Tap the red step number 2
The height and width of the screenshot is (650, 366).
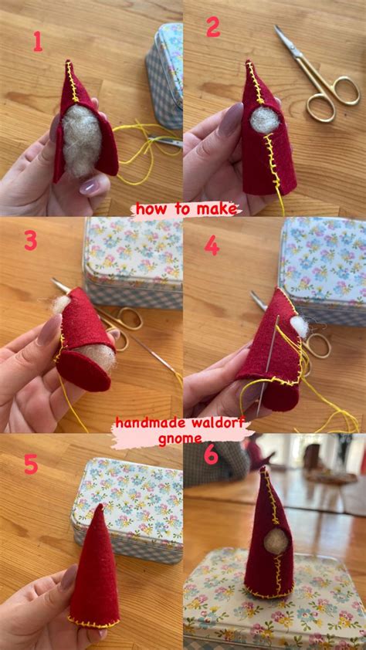click(x=213, y=28)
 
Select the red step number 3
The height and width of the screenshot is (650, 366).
click(x=30, y=241)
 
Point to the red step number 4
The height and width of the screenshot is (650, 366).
click(x=211, y=245)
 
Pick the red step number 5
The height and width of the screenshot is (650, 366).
click(x=31, y=463)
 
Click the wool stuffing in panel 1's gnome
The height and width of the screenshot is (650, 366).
click(x=81, y=139)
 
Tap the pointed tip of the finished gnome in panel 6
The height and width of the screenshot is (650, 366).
click(x=265, y=469)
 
